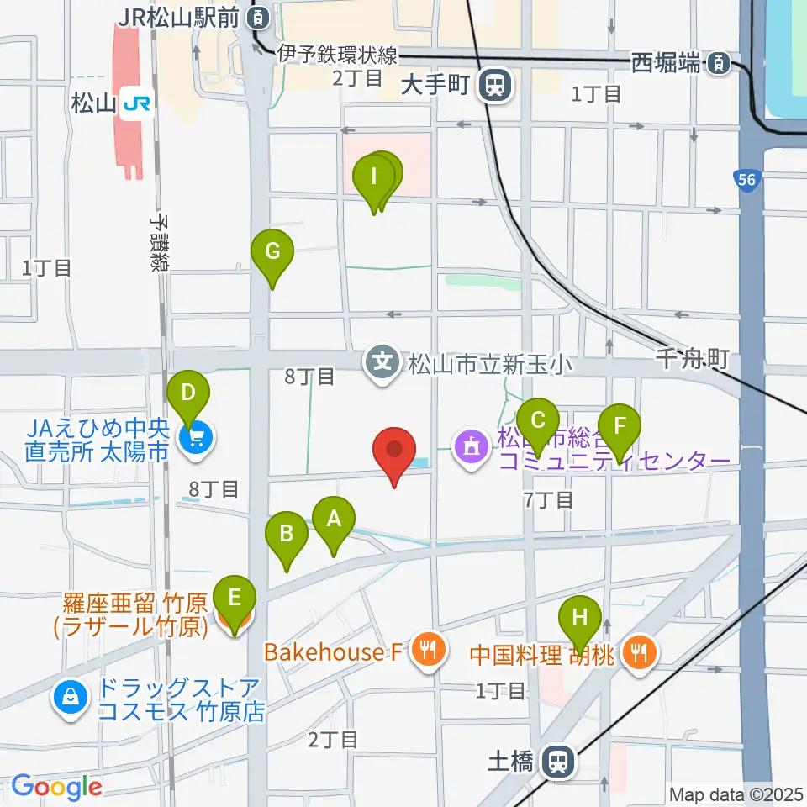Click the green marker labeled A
334,520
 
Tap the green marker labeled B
287,534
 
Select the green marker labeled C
538,419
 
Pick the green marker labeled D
189,393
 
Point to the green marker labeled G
272,251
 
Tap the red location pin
394,450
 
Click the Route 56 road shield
744,181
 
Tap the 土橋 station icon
556,762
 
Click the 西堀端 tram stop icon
719,62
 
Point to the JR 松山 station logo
135,103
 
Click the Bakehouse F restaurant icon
429,649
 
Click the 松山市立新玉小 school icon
383,364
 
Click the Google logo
57,788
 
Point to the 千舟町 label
691,360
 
